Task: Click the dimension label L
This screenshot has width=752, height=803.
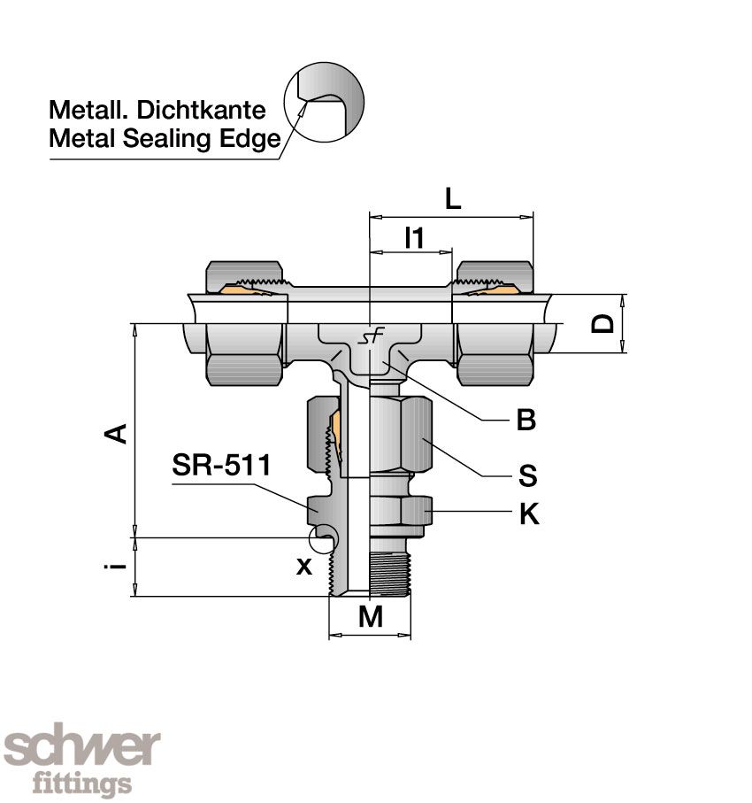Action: (x=452, y=198)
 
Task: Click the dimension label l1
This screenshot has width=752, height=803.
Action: (x=414, y=238)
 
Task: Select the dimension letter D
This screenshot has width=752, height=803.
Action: (x=603, y=322)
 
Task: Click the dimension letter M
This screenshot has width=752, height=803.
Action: (x=371, y=617)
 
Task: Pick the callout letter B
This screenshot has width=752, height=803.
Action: (x=526, y=421)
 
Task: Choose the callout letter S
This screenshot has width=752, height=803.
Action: (x=527, y=476)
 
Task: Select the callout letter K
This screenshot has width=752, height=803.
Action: (x=528, y=513)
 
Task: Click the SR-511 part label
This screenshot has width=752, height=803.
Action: (x=220, y=466)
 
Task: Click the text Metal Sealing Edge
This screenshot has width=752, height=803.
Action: (x=165, y=139)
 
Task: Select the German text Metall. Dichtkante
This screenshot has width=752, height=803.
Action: (x=157, y=111)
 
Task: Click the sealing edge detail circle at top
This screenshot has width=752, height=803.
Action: (x=324, y=104)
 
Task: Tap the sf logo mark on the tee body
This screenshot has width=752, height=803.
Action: (x=368, y=339)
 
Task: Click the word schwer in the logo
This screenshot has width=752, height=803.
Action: (x=81, y=749)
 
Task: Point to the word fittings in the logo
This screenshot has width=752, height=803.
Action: (x=81, y=784)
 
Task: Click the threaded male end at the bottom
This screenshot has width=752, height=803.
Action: (x=389, y=574)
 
